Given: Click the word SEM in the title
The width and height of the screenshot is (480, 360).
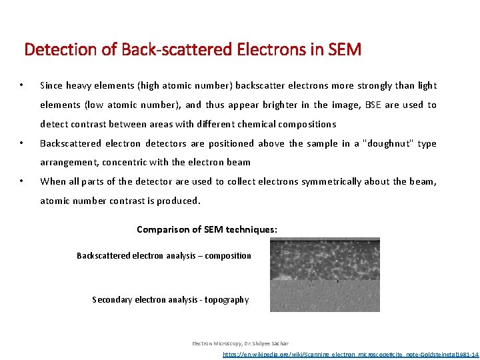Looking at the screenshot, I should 345,49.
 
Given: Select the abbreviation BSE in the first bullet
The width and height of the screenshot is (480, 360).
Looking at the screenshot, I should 374,105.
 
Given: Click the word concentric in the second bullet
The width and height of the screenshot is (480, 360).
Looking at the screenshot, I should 123,162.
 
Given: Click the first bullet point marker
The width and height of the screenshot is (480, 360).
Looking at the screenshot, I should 22,85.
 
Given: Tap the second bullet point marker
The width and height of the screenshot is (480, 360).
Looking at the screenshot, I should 22,143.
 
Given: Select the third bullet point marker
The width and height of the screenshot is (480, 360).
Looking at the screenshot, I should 22,181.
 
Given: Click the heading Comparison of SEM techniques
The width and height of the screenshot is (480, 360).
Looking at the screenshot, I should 207,229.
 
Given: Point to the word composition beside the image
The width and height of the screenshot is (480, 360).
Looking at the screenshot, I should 228,256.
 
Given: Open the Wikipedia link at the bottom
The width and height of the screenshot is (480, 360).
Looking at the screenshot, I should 350,355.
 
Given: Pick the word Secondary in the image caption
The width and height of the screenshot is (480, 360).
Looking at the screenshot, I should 112,300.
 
